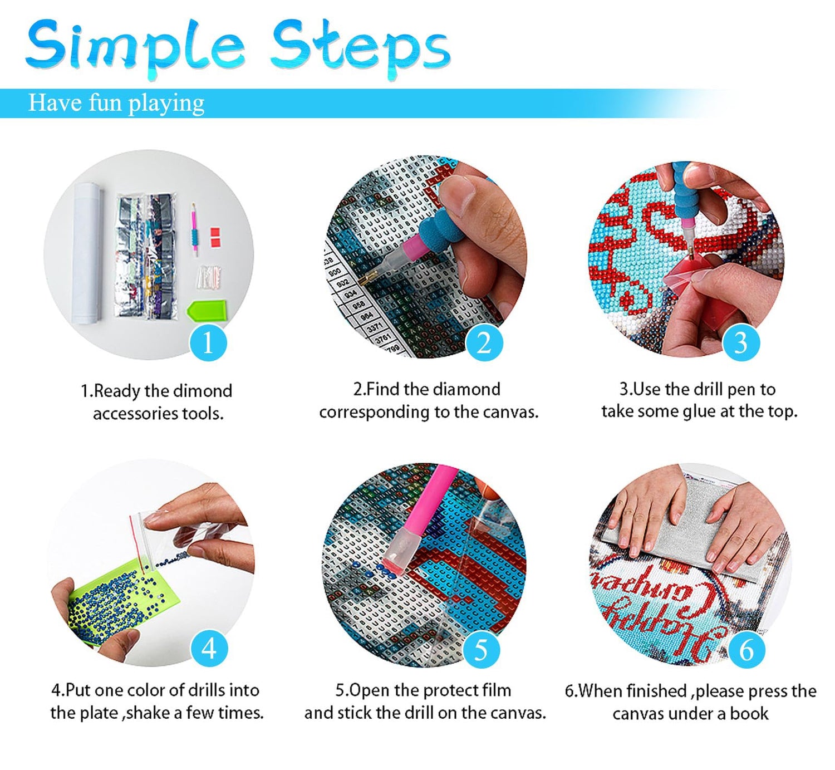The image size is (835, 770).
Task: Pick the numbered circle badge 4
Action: click(x=209, y=648)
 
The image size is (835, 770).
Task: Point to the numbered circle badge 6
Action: click(x=746, y=650)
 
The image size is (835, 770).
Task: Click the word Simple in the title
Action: click(x=135, y=48)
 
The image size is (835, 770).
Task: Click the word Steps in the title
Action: click(x=360, y=48)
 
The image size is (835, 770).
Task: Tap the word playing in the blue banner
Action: click(x=166, y=104)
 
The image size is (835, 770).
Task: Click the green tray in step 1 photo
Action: click(x=207, y=310)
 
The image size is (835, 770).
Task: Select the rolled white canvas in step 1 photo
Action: click(x=87, y=253)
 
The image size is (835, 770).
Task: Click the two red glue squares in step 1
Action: click(x=215, y=237)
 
